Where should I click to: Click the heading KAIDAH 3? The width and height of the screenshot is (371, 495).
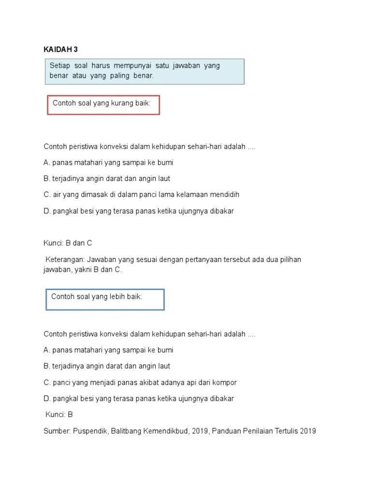(x=60, y=49)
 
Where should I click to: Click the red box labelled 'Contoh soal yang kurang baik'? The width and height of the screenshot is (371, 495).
(x=103, y=105)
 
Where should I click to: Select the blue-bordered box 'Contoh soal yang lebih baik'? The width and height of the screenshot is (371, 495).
(x=105, y=299)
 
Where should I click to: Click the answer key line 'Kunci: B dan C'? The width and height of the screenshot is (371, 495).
(x=68, y=243)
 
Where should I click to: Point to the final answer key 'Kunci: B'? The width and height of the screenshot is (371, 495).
(x=59, y=414)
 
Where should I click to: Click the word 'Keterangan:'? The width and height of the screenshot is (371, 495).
(x=65, y=260)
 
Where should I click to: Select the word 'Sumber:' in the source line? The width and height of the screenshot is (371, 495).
(x=57, y=431)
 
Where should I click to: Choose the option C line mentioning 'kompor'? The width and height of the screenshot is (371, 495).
(x=140, y=382)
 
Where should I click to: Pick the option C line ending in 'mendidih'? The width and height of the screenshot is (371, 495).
(x=142, y=195)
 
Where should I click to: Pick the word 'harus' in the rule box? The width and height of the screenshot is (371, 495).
(x=101, y=66)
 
